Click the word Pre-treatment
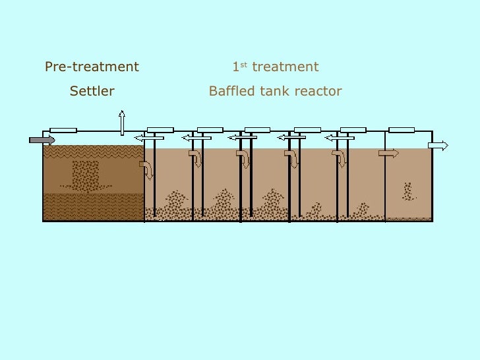click(x=92, y=67)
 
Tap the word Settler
click(x=92, y=91)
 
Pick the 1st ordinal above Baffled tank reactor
click(x=238, y=67)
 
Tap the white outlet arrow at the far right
click(x=438, y=146)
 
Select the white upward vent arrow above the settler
click(x=121, y=123)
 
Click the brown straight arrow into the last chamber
click(x=388, y=153)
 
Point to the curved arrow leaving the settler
click(x=146, y=169)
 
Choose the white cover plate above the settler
click(x=63, y=130)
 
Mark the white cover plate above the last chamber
click(x=402, y=130)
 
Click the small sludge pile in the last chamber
click(x=409, y=192)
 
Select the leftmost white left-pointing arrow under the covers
click(x=148, y=138)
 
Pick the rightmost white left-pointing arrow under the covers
click(x=340, y=138)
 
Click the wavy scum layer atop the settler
click(x=92, y=152)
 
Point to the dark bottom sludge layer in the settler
click(x=92, y=207)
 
